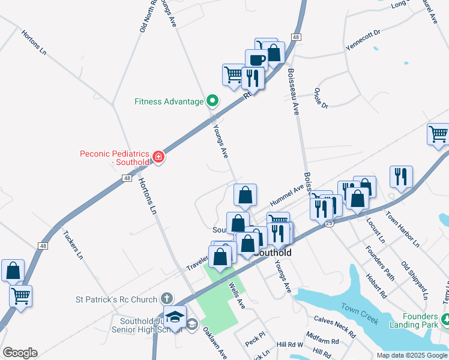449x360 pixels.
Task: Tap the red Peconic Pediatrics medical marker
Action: pos(158,157)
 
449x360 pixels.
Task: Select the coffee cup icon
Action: pos(256,60)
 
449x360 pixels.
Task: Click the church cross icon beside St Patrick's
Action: pos(167,299)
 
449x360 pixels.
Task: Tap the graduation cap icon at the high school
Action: pos(175,316)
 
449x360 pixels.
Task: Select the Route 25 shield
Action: pos(329,223)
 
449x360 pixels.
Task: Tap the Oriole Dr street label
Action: pos(321,99)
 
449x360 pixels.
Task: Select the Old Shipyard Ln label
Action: pos(414,280)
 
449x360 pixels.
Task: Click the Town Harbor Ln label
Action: pos(402,229)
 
